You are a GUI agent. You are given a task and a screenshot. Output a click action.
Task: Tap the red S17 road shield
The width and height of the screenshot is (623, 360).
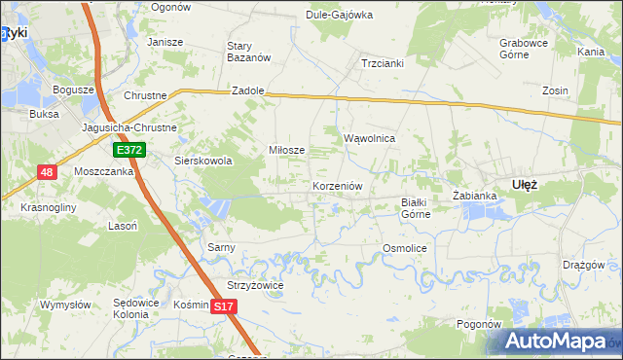tap(224, 306)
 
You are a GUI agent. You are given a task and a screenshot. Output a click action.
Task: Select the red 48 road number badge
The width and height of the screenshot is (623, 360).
tap(47, 172)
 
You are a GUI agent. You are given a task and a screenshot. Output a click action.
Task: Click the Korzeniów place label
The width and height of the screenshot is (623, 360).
tap(338, 185)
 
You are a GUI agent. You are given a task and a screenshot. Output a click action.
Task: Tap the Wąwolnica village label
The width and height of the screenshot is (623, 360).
tap(369, 138)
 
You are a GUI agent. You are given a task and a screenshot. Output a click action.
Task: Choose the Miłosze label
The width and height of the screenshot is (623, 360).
tap(287, 150)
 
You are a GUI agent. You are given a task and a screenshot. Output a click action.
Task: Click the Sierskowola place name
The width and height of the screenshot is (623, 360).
tap(202, 162)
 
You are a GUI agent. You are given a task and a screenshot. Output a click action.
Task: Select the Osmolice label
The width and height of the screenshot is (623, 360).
tap(405, 248)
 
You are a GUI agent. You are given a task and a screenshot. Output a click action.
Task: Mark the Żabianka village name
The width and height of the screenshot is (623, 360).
tap(475, 196)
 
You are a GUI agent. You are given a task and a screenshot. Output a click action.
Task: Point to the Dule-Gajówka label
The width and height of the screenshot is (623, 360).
tap(340, 16)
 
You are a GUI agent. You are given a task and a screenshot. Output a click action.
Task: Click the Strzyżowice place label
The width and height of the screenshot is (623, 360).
tap(254, 285)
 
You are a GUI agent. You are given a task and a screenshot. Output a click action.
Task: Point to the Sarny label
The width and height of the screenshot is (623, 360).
tap(221, 247)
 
